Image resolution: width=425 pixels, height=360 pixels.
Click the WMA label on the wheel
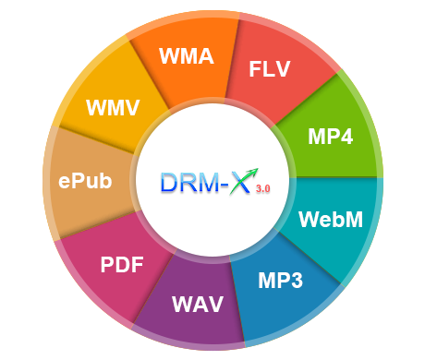pyautogui.click(x=186, y=57)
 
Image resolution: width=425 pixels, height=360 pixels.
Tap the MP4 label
pyautogui.click(x=330, y=137)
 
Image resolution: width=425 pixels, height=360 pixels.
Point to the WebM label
pyautogui.click(x=331, y=221)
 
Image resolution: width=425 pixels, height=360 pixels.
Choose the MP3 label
pyautogui.click(x=280, y=281)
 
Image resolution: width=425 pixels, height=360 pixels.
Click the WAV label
pyautogui.click(x=198, y=304)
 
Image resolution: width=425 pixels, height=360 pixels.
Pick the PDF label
pyautogui.click(x=122, y=266)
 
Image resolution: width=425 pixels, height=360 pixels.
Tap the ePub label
pyautogui.click(x=85, y=180)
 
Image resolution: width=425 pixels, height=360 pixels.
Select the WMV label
pyautogui.click(x=113, y=106)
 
